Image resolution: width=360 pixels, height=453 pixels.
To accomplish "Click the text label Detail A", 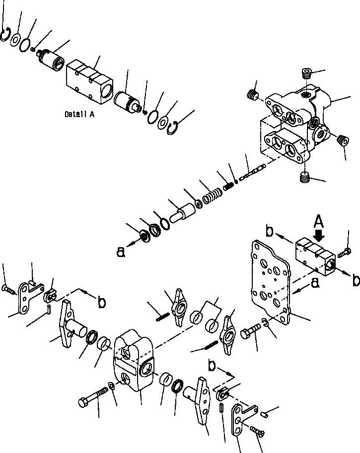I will pos(79,114).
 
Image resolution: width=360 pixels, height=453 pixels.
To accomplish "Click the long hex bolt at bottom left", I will pos(93,395).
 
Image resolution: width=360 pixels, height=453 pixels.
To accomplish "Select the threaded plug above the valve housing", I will pos(307,76).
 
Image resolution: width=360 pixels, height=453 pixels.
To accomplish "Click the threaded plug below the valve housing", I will pos(305,177).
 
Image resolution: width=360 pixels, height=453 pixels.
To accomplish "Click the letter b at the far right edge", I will pos(355,280).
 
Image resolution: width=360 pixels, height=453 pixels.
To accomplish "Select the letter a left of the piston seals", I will pos(120,252).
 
